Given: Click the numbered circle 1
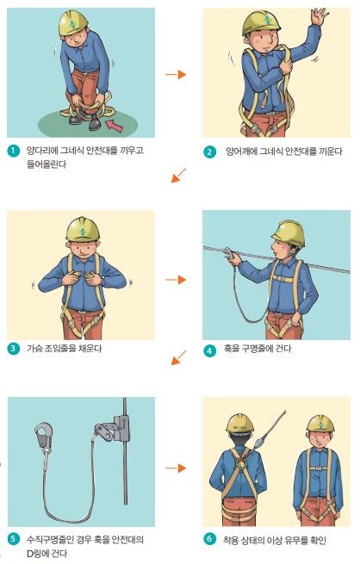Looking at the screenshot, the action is click(x=13, y=151).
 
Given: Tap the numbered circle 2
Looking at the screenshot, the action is click(x=209, y=152).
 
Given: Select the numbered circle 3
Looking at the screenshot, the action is click(x=13, y=348).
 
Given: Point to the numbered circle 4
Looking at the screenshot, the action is click(x=209, y=350).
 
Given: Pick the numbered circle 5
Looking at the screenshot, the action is click(x=13, y=539).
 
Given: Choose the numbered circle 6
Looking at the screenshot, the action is click(x=209, y=539).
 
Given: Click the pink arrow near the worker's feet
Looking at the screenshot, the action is click(x=115, y=126).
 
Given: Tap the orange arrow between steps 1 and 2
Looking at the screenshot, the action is click(x=176, y=74).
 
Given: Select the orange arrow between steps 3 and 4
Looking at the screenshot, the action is click(x=176, y=280).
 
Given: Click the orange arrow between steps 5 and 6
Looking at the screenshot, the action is click(x=176, y=468).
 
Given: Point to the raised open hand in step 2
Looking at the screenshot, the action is click(x=320, y=15).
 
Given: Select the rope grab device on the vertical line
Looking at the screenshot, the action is click(x=114, y=429).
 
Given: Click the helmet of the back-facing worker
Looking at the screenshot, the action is click(x=239, y=423).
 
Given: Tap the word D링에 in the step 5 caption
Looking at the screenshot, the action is click(x=38, y=553).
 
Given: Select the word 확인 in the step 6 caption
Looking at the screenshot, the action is click(x=317, y=540).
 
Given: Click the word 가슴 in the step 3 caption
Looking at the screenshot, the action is click(x=34, y=348).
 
